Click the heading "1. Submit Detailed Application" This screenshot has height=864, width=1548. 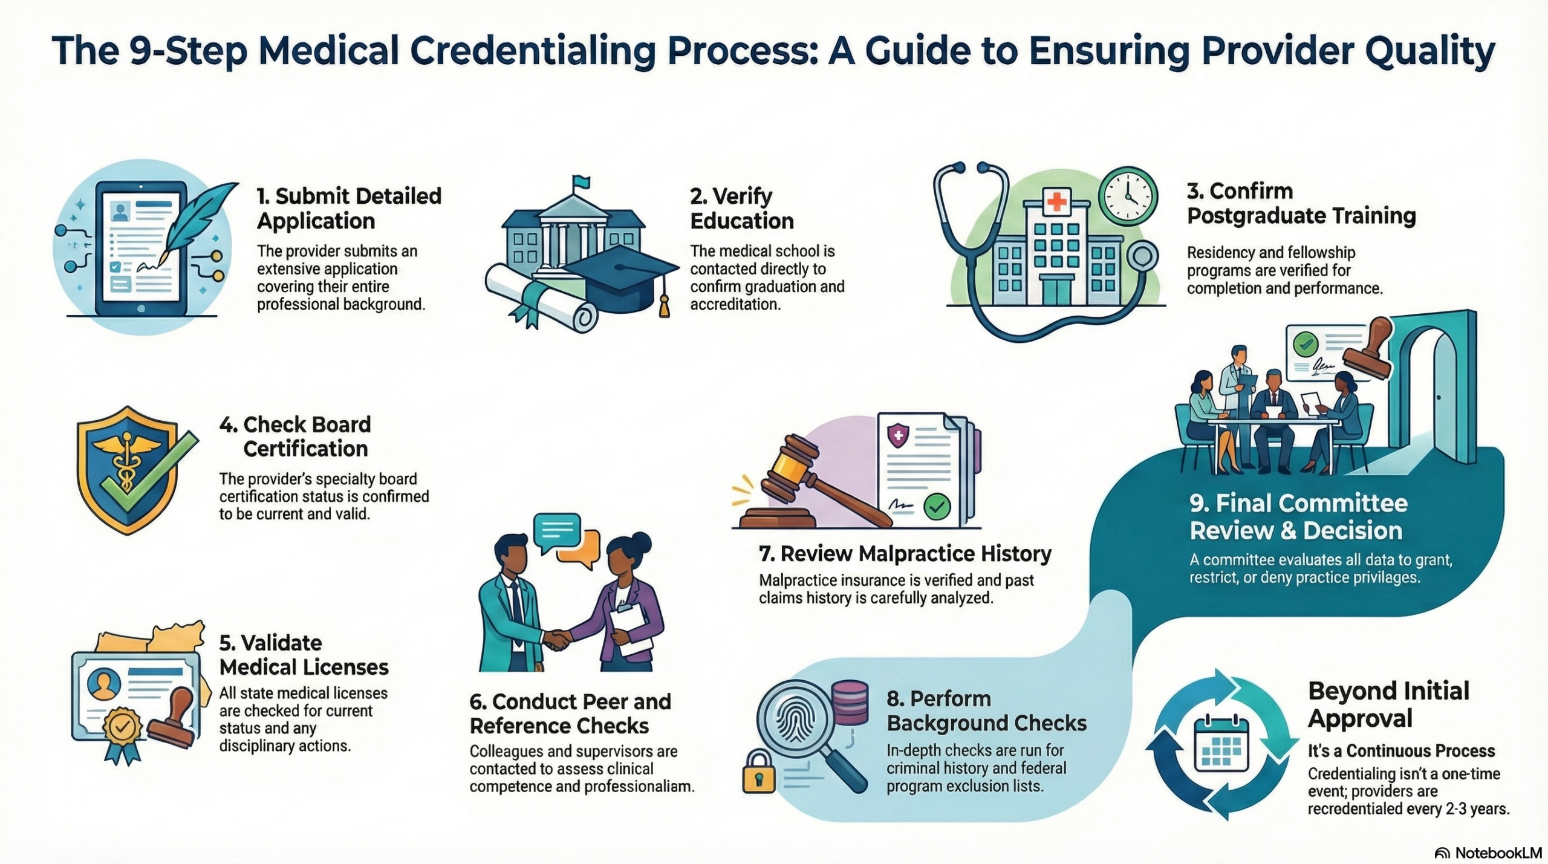(349, 208)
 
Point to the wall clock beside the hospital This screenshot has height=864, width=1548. (1128, 197)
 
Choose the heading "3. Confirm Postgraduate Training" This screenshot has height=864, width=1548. (1301, 203)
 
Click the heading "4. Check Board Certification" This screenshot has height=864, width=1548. (295, 437)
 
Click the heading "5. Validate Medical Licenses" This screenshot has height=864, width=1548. (304, 655)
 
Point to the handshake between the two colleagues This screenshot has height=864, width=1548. (557, 639)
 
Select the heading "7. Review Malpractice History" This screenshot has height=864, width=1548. (905, 554)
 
